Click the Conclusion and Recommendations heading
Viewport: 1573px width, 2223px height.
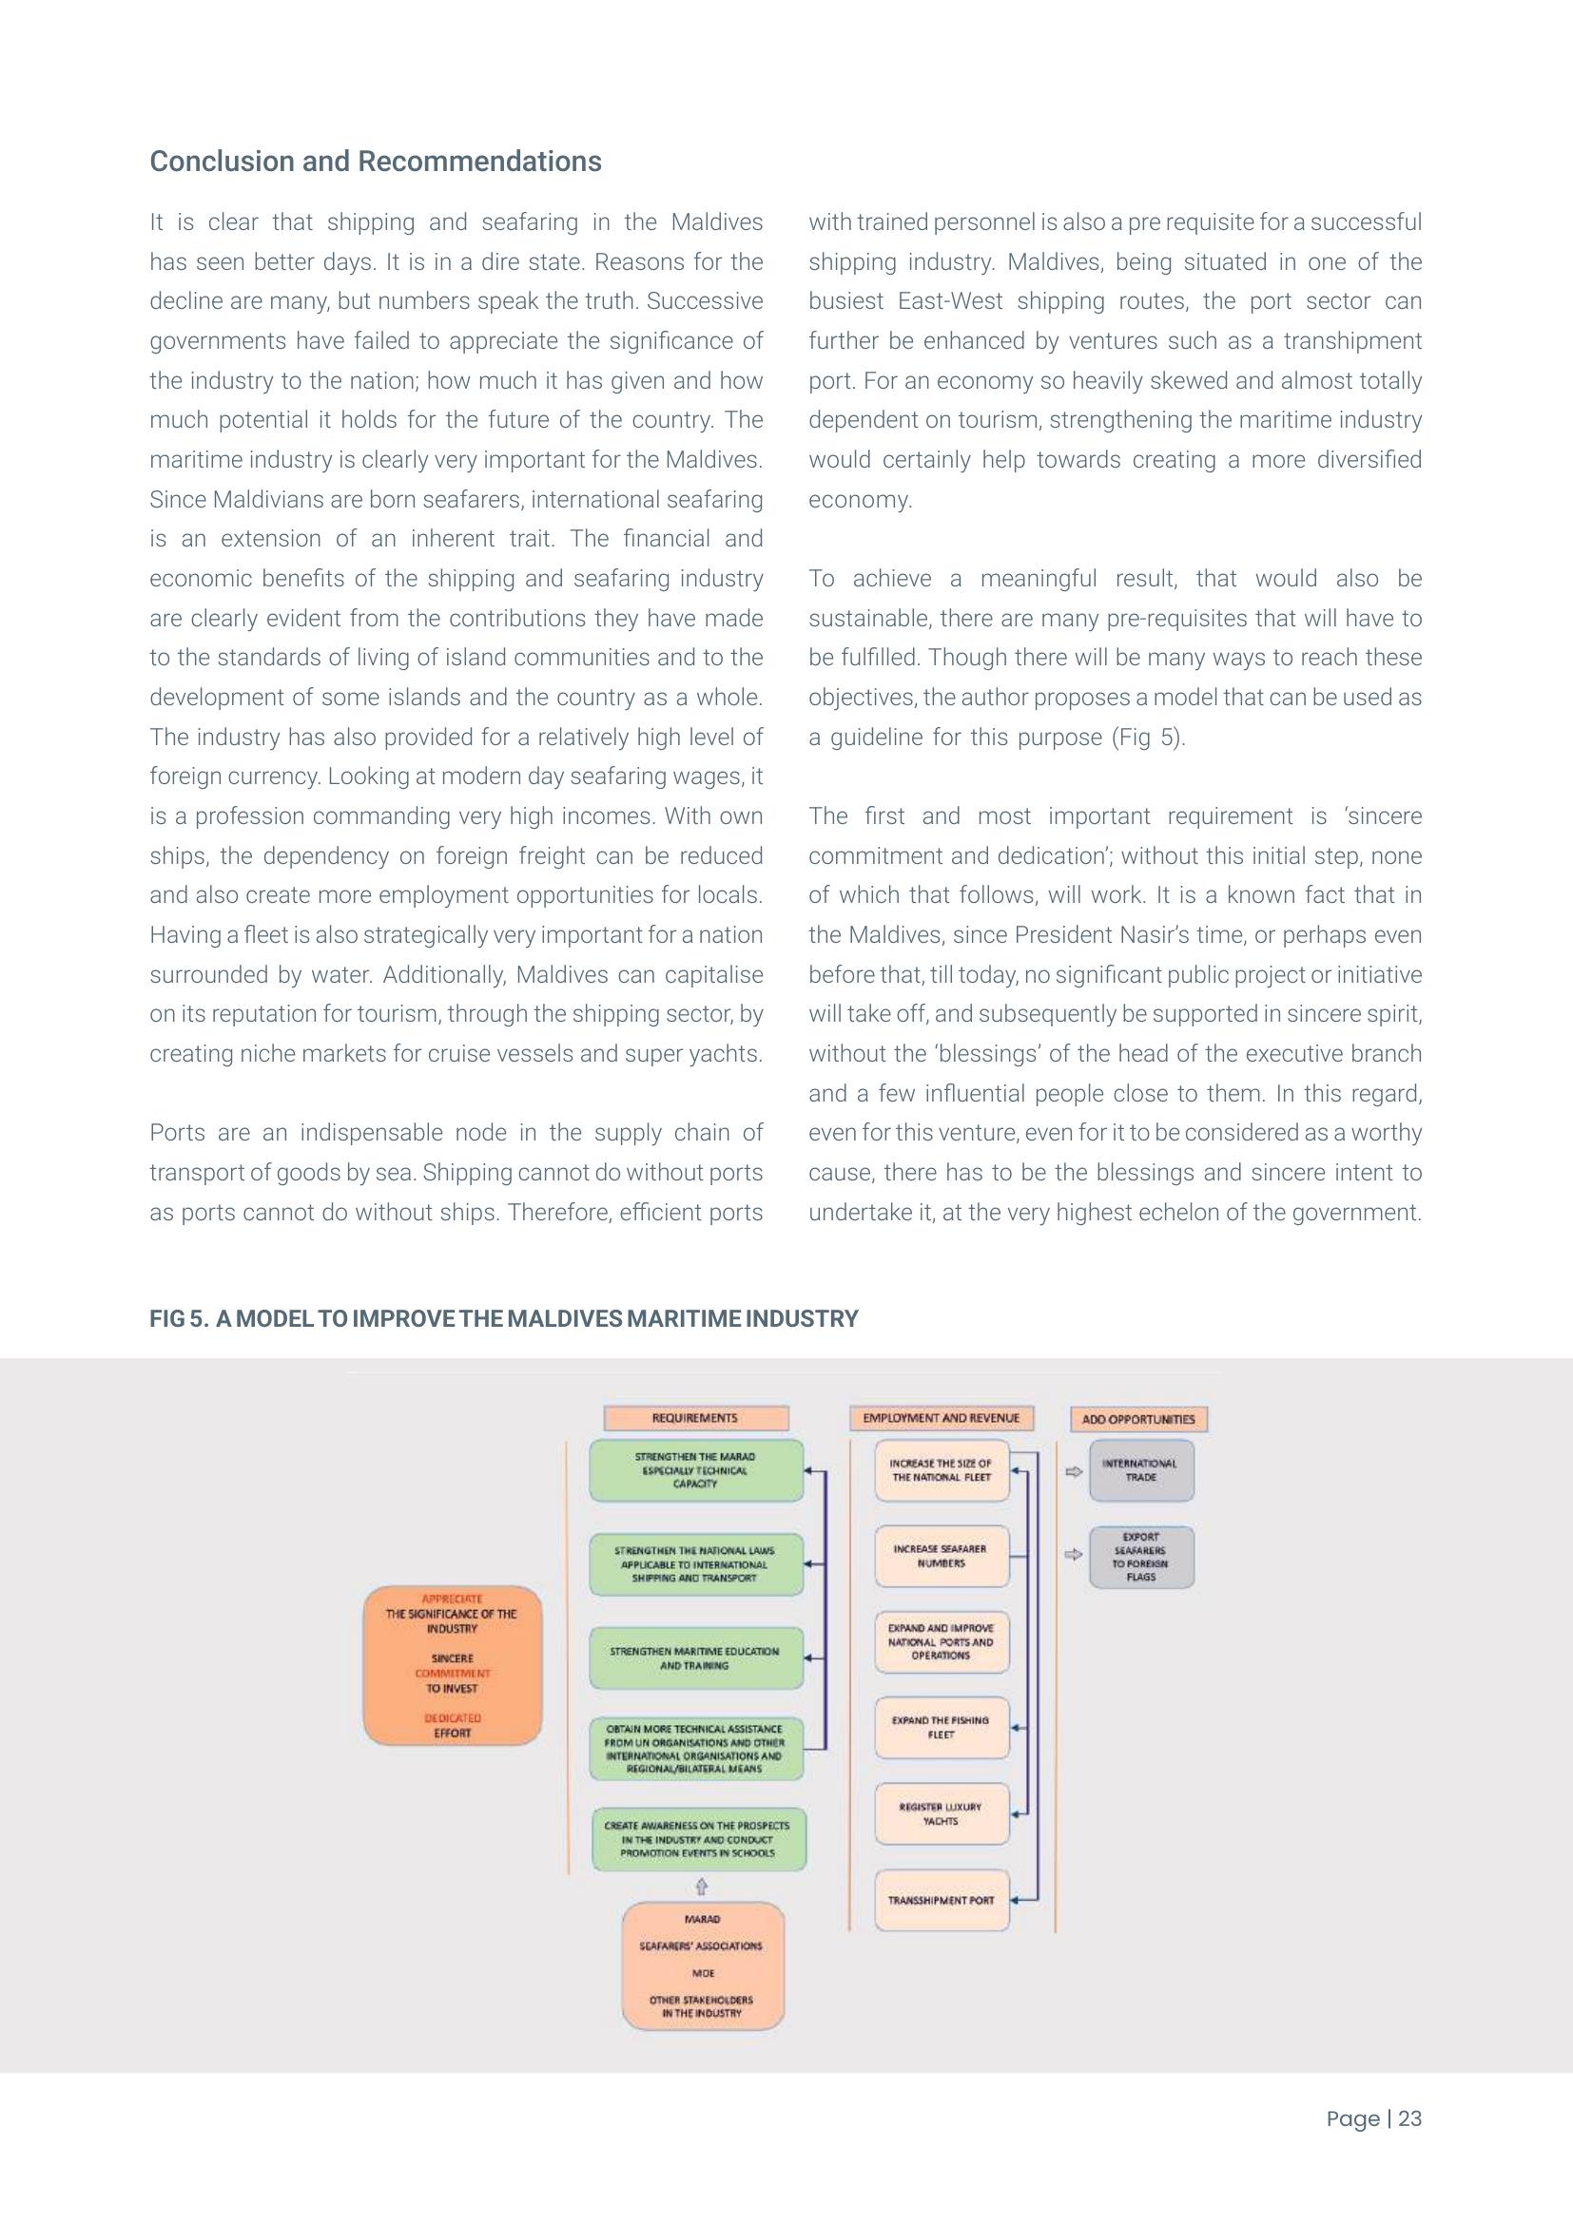click(x=375, y=161)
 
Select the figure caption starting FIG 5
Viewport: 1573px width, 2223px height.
click(x=503, y=1319)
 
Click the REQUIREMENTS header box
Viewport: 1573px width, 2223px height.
click(x=695, y=1418)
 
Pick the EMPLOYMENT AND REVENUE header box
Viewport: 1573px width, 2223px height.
click(x=941, y=1418)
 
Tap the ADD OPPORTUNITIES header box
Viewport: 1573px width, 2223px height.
click(x=1138, y=1419)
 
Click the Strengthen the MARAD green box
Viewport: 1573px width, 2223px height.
click(x=695, y=1469)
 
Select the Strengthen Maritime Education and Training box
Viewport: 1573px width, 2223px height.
click(x=695, y=1658)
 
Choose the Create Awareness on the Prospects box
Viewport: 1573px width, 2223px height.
click(x=697, y=1839)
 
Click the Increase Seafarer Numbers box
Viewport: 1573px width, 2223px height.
click(x=941, y=1556)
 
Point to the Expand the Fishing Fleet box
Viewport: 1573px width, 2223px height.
click(x=941, y=1727)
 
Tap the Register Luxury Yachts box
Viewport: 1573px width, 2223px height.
click(x=941, y=1813)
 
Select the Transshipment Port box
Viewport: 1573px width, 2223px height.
click(x=941, y=1900)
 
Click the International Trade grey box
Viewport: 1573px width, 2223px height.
click(x=1140, y=1470)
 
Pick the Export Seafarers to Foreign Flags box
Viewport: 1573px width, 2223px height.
click(x=1140, y=1557)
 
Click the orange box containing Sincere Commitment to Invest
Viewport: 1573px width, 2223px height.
click(x=453, y=1665)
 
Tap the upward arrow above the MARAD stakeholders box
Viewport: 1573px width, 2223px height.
click(x=701, y=1885)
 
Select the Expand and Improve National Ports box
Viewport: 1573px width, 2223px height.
click(x=941, y=1642)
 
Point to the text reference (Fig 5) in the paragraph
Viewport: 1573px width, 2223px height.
click(x=1148, y=737)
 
